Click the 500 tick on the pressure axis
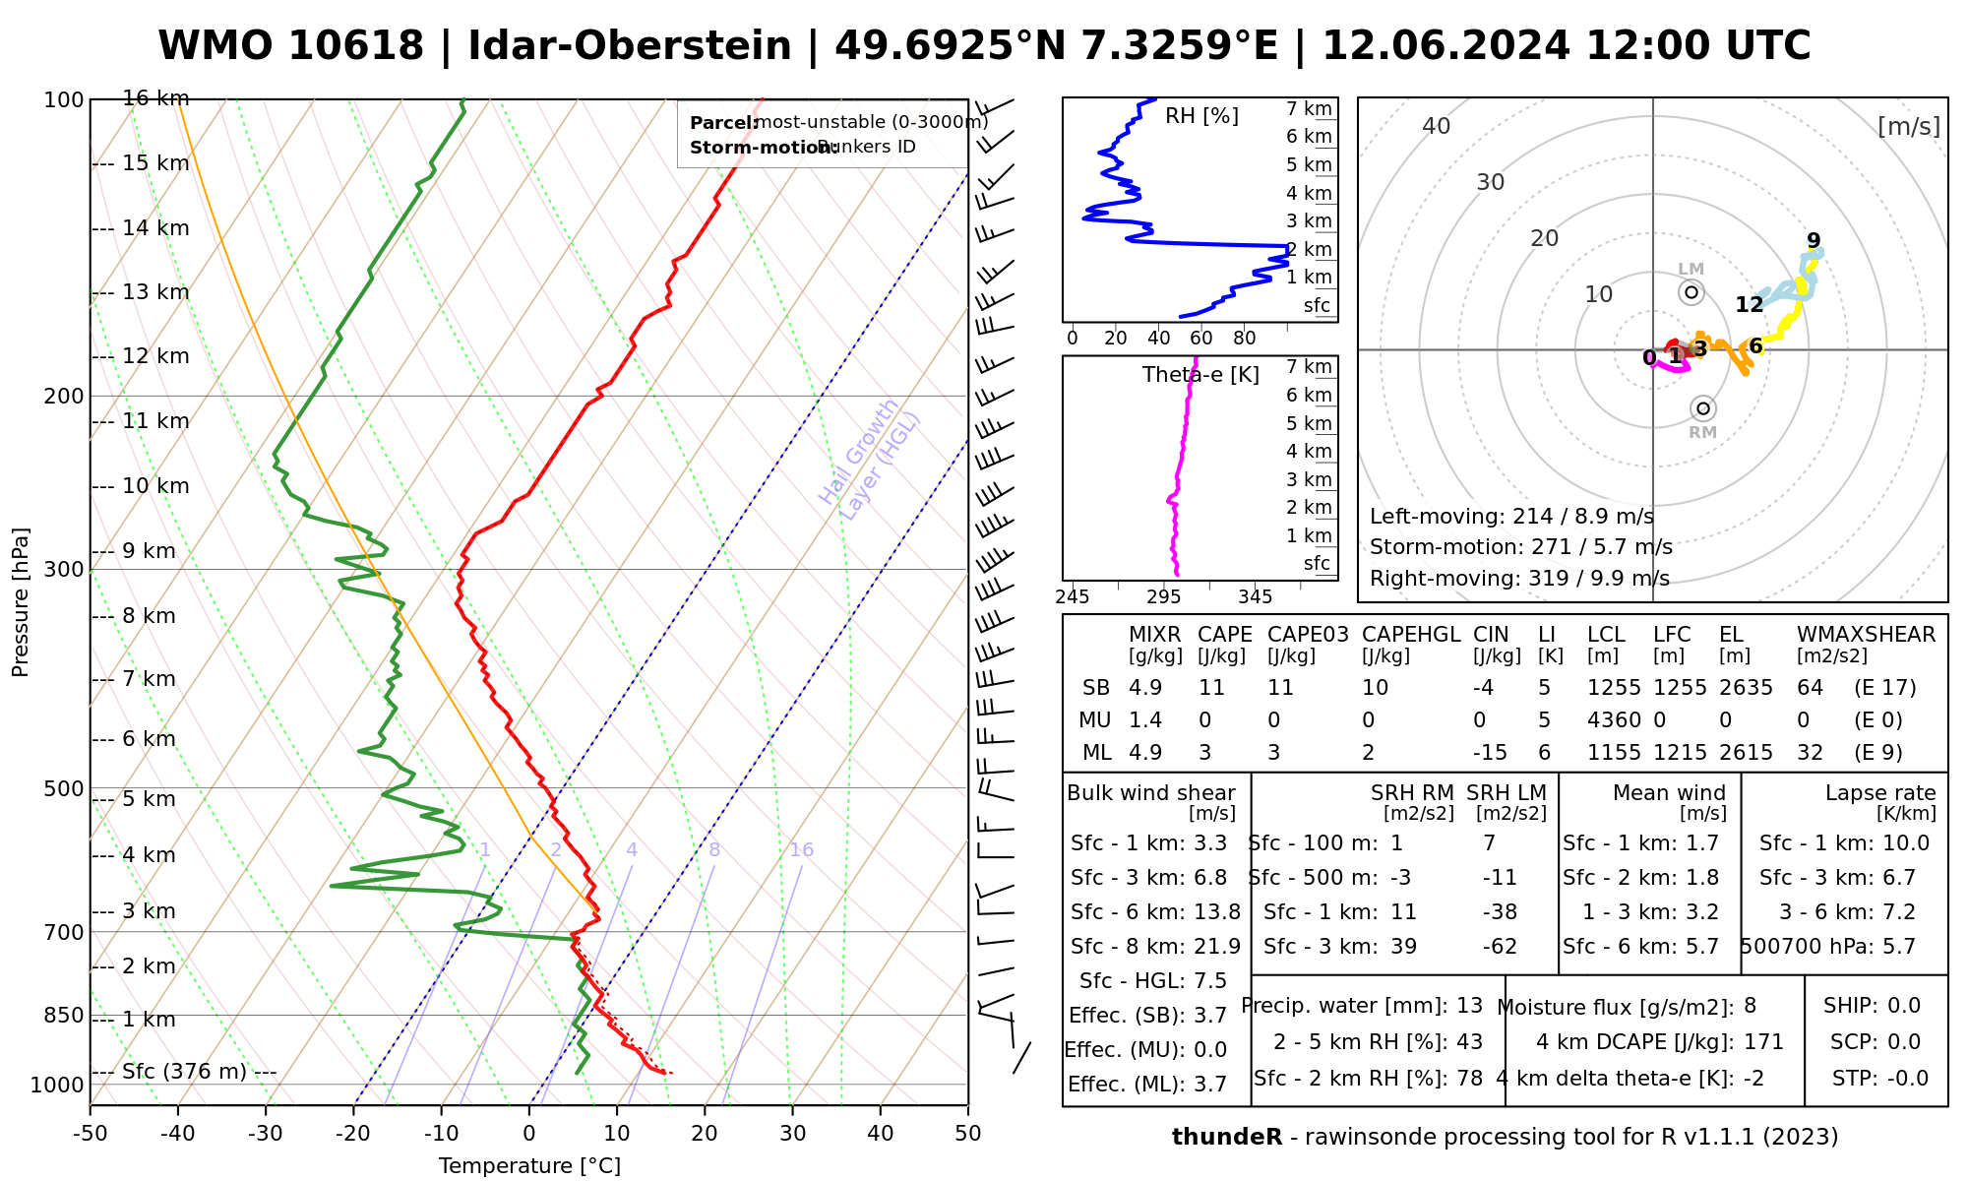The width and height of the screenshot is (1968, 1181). (64, 788)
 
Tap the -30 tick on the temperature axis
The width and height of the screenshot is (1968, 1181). (266, 1134)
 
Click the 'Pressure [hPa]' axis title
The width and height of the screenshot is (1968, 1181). (21, 602)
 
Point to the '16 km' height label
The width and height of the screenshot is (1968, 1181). (155, 98)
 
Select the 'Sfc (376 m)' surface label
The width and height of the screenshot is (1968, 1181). (184, 1072)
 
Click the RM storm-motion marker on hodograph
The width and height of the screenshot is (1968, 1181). (1703, 408)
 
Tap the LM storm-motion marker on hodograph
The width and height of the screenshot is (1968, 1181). (1691, 291)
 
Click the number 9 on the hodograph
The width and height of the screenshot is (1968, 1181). (1814, 240)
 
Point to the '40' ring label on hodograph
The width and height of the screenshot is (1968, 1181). (1437, 126)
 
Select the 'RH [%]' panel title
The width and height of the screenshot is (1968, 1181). (1201, 116)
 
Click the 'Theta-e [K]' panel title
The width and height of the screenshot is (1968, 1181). (1200, 375)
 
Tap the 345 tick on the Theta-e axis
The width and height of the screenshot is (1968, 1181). (1255, 597)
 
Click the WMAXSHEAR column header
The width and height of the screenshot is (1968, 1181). (1866, 635)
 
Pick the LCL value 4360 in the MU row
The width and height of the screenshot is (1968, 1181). (1614, 720)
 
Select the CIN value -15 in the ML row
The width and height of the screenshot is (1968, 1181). (1490, 753)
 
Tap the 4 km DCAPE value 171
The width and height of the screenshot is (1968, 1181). (1763, 1042)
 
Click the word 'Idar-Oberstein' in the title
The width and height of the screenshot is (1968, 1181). (630, 46)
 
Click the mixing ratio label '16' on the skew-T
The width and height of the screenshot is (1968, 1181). (801, 850)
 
